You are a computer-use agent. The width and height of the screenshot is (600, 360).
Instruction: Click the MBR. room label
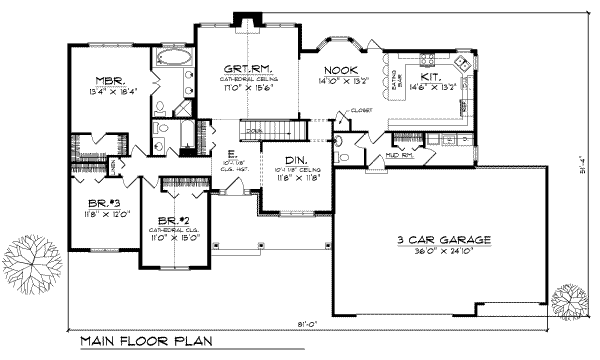(x=109, y=78)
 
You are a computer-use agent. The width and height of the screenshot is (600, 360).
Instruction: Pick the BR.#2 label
(x=161, y=219)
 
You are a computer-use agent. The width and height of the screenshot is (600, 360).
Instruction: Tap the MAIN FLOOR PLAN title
(x=143, y=342)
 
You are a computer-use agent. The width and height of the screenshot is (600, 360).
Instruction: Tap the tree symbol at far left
(x=28, y=265)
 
